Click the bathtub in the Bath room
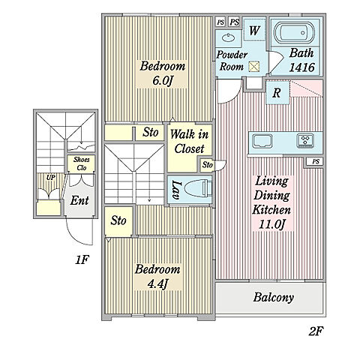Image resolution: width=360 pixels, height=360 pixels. coord(293,32)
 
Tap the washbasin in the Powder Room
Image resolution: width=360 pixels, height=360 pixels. coord(228,38)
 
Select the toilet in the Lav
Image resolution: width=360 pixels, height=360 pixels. coord(197,190)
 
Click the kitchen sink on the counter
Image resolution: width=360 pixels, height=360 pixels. coord(262,141)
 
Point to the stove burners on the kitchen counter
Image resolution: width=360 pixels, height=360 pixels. coord(305,140)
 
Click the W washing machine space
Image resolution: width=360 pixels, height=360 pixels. coord(254,30)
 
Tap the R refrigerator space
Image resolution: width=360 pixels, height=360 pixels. coord(277,93)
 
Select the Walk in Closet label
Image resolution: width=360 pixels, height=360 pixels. coord(189,142)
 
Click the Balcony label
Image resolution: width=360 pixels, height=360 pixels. coord(273,298)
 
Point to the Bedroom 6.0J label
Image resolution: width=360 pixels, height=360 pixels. coord(163,73)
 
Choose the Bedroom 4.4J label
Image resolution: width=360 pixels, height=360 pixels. coord(157,276)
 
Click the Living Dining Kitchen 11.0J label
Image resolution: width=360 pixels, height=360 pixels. coord(271,202)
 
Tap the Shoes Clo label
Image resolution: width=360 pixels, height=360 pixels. coord(81,163)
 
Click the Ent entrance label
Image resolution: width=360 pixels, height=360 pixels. coord(79,200)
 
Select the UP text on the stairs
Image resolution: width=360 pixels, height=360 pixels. coord(51,178)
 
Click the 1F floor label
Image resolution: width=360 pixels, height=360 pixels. coord(82,260)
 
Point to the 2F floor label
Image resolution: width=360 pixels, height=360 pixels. coord(316,331)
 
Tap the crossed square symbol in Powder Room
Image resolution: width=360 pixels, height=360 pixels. coord(254,67)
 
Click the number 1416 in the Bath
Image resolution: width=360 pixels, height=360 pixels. coord(301,67)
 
